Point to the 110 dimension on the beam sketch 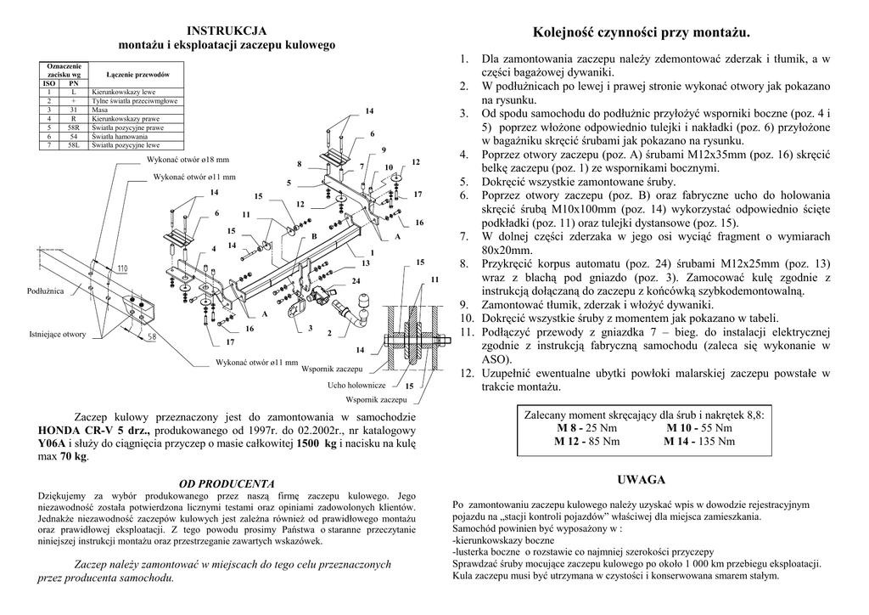(122, 269)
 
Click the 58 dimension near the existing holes (151, 336)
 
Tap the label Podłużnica (46, 291)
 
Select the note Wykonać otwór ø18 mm (188, 159)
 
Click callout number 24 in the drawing (356, 280)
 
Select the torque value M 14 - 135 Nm (699, 441)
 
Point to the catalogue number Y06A (55, 444)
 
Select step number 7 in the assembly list (464, 236)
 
